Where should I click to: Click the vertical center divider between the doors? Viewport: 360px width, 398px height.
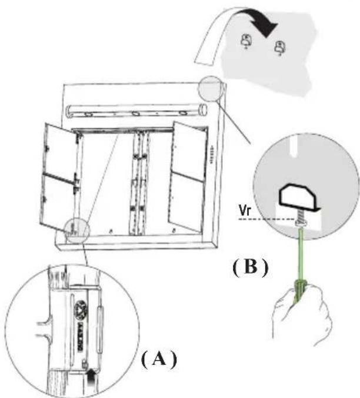click(138, 183)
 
